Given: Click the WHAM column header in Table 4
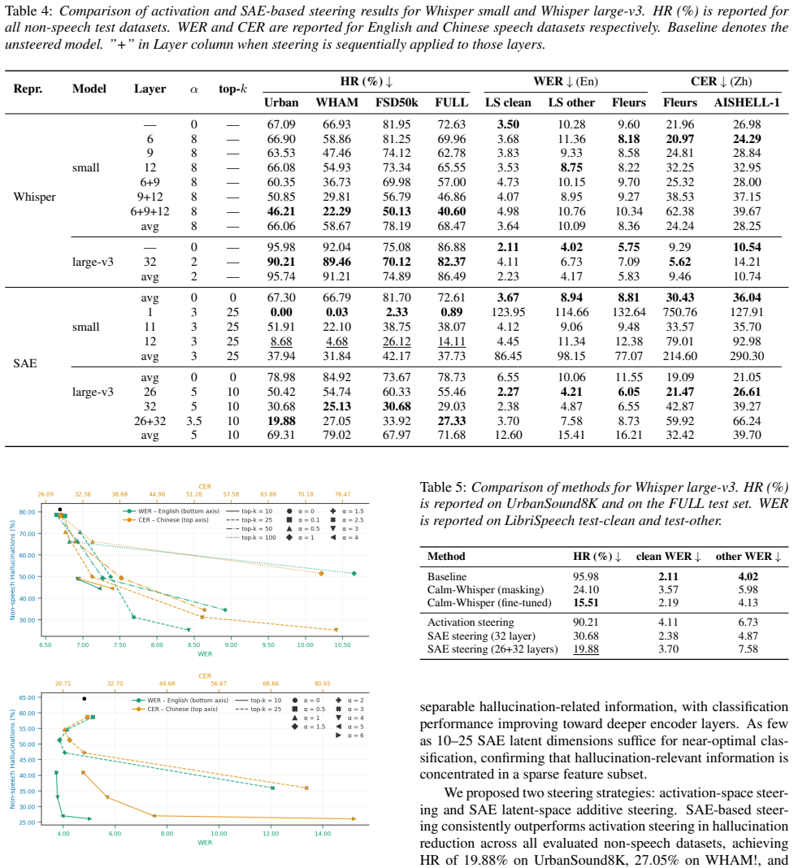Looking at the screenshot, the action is pos(336,102).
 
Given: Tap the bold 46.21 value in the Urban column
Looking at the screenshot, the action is pos(281,211).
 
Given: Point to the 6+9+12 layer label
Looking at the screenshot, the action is pos(150,211).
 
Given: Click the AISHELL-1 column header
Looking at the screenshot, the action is pos(746,102).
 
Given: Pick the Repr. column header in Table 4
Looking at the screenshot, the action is pos(28,89).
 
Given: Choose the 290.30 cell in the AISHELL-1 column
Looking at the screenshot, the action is pos(746,356).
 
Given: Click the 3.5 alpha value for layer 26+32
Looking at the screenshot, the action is pos(193,421).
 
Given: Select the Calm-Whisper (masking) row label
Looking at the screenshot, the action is pos(486,589).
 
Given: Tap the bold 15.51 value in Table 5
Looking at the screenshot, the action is pos(586,603).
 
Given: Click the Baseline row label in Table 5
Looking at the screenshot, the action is pos(447,576).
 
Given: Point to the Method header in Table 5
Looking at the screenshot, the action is pos(446,557).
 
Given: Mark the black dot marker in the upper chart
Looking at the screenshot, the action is pos(60,510).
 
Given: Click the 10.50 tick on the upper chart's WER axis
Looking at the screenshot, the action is pos(342,645).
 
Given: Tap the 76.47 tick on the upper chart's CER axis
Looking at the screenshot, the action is pos(342,494).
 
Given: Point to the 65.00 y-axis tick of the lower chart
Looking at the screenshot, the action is pos(27,697).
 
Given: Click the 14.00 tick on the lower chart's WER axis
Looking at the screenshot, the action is pos(323,834).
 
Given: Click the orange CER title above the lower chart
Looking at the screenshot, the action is pos(205,676).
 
